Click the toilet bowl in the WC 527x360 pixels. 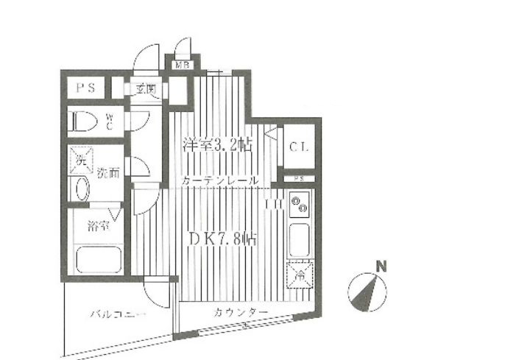82,120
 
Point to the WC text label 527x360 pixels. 109,120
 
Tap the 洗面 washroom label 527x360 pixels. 109,174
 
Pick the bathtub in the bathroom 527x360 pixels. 98,259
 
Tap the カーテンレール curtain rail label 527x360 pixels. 219,180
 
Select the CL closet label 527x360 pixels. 299,147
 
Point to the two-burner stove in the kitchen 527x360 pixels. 300,205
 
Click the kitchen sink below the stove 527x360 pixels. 300,239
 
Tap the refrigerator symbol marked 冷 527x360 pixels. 300,276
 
